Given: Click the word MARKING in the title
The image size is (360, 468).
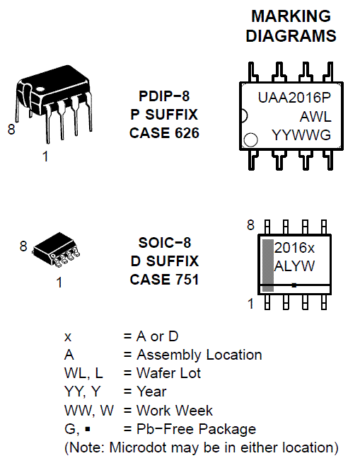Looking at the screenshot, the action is pos(291,16).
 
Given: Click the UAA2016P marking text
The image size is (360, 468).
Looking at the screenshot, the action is pos(294,98).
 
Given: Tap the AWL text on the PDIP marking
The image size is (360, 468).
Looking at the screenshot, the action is pos(315,116).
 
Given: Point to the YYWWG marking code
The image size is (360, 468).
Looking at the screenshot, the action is pos(301,135).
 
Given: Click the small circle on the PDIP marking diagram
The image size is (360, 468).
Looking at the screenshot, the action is pos(250,139).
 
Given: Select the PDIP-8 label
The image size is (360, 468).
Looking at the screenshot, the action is pos(164,96).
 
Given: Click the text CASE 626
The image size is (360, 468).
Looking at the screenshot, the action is pos(164,133).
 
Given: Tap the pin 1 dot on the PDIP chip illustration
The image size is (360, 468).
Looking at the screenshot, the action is pos(40,89).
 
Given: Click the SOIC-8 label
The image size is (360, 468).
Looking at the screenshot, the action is pos(165,243).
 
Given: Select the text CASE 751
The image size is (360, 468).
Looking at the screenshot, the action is pos(164,280).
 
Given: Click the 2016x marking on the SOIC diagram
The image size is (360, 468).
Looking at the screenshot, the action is pos(294,248).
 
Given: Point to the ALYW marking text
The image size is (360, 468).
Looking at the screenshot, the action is pos(294,266).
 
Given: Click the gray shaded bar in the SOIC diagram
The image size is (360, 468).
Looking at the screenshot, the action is pos(268,266).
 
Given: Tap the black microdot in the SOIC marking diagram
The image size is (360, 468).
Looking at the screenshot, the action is pos(294,285).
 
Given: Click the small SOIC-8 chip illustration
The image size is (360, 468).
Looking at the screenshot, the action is pos(57,249).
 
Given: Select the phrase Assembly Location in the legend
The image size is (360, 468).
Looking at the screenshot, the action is pos(199,355).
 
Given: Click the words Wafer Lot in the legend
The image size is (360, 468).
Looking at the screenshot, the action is pos(169,373).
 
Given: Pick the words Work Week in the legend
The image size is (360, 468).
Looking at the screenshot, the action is pos(175,410).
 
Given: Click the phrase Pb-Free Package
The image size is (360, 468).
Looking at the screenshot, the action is pos(196,429).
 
